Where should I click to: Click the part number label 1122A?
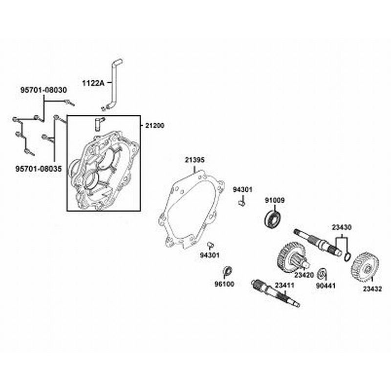[x=93, y=83]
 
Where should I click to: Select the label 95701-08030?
[x=43, y=90]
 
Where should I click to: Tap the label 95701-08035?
[x=39, y=169]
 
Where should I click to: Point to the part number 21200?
[x=154, y=126]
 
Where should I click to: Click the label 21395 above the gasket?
[x=195, y=160]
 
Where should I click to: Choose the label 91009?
[x=275, y=200]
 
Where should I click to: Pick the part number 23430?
[x=342, y=227]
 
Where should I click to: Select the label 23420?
[x=304, y=275]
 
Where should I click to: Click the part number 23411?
[x=284, y=285]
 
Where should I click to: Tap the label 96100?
[x=224, y=284]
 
